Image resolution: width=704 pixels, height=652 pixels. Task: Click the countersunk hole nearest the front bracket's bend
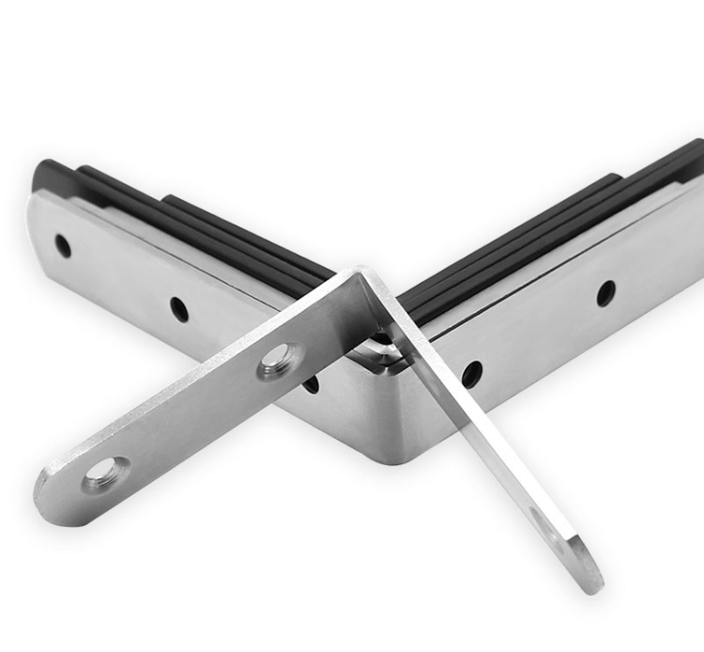coord(279,360)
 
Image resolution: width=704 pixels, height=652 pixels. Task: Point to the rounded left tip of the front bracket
coord(45,490)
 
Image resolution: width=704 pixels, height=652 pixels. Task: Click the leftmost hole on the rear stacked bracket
coord(62,247)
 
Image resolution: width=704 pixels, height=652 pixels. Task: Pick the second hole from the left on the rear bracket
coord(178,307)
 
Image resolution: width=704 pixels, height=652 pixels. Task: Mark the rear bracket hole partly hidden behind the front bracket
coord(311,382)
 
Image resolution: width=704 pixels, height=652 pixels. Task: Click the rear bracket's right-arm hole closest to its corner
coord(471,372)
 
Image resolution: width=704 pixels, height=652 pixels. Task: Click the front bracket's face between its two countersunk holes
coord(192,414)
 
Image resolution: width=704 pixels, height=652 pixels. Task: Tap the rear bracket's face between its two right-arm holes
coord(539,334)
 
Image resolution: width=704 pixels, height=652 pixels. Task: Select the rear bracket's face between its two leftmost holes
coord(120,278)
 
